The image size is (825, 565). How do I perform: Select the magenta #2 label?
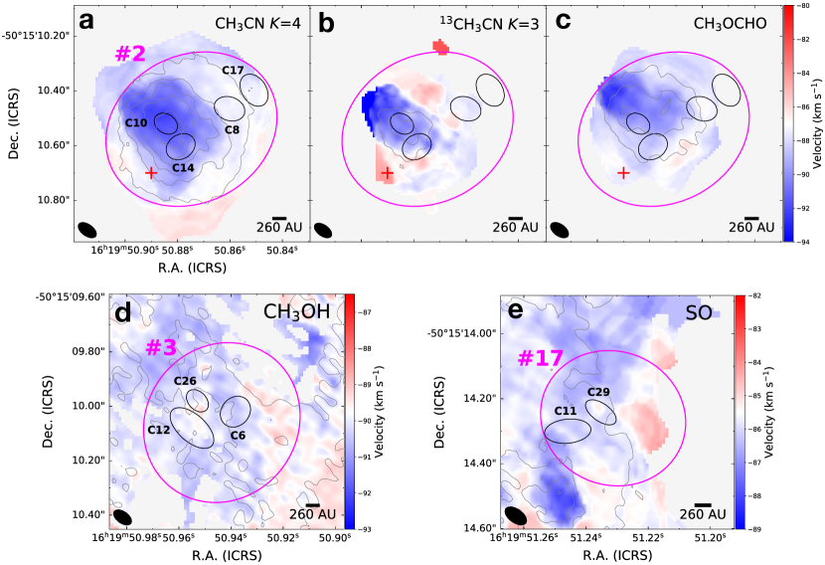(131, 54)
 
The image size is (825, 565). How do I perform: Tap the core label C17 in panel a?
(232, 71)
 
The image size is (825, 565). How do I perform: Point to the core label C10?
(136, 122)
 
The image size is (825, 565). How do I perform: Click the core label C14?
(182, 168)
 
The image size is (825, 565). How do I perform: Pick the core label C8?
(232, 129)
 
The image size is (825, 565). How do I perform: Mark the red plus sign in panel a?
(150, 173)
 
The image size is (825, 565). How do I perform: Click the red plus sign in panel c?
(623, 173)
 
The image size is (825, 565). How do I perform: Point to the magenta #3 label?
(161, 349)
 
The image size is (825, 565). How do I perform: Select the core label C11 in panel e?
(565, 410)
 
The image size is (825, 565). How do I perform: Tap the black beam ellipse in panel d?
(123, 516)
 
